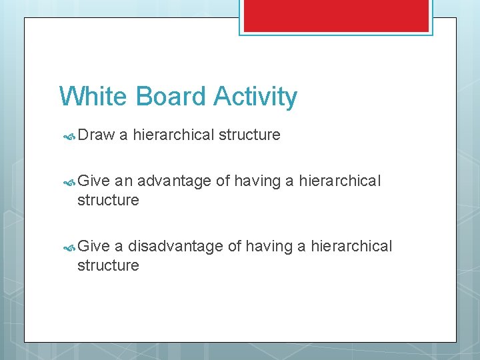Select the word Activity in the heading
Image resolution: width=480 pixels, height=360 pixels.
tap(255, 97)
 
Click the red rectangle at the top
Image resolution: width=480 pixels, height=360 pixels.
tap(336, 15)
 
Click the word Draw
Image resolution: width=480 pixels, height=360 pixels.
tap(96, 135)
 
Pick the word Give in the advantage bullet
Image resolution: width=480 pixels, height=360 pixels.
tap(93, 181)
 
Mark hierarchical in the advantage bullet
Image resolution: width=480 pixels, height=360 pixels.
tap(340, 181)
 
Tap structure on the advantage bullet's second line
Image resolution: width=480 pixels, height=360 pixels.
tap(108, 200)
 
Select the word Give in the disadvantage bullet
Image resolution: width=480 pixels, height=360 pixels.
tap(93, 246)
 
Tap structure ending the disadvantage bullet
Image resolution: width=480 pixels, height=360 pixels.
tap(108, 265)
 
